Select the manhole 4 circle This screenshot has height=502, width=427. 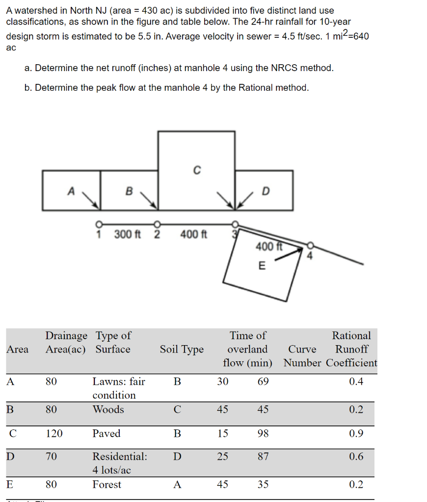pyautogui.click(x=310, y=245)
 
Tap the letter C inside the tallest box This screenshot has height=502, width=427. pyautogui.click(x=196, y=170)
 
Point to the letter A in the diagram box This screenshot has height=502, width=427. pyautogui.click(x=71, y=191)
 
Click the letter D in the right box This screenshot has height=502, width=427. pyautogui.click(x=266, y=191)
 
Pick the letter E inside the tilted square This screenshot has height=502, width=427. pyautogui.click(x=261, y=266)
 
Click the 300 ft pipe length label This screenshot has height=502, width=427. pyautogui.click(x=127, y=234)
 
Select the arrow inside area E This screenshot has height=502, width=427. pyautogui.click(x=289, y=254)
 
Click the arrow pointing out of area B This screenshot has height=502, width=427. pyautogui.click(x=149, y=199)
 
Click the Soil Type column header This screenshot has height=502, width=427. pyautogui.click(x=182, y=350)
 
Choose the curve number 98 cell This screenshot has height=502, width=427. pyautogui.click(x=263, y=433)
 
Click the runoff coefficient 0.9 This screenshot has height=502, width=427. pyautogui.click(x=356, y=433)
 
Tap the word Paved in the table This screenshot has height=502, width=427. pyautogui.click(x=107, y=433)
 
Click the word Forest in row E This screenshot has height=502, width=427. pyautogui.click(x=107, y=484)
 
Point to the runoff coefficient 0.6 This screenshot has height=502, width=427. pyautogui.click(x=356, y=457)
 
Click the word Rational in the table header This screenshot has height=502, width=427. pyautogui.click(x=351, y=336)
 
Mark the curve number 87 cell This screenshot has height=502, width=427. pyautogui.click(x=263, y=457)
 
